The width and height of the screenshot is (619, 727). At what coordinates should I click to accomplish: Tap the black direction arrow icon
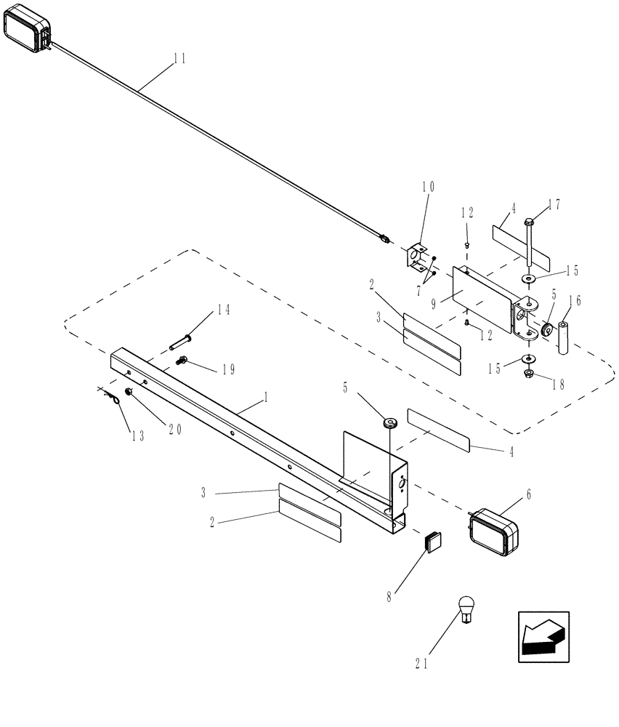pyautogui.click(x=543, y=637)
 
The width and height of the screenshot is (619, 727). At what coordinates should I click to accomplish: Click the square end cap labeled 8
pyautogui.click(x=434, y=542)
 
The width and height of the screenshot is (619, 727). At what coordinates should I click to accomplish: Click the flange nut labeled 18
pyautogui.click(x=528, y=374)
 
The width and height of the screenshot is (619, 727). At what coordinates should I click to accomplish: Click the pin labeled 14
pyautogui.click(x=182, y=339)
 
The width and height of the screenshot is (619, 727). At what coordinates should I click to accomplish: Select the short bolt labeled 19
pyautogui.click(x=182, y=359)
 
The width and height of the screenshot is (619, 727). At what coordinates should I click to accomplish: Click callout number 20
pyautogui.click(x=174, y=430)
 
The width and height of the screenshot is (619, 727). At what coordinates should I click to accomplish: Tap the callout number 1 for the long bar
pyautogui.click(x=266, y=398)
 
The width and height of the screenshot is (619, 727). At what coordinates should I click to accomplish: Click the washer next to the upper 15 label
pyautogui.click(x=527, y=278)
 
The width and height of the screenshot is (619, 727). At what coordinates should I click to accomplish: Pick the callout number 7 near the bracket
pyautogui.click(x=421, y=291)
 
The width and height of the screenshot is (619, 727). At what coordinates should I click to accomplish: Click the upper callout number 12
pyautogui.click(x=466, y=213)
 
